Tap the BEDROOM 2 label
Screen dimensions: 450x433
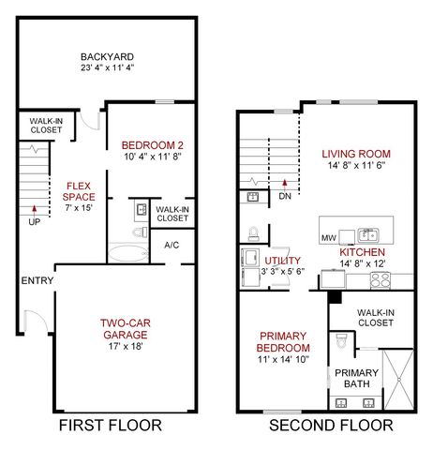click(x=152, y=144)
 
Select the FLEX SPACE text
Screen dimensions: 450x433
click(x=79, y=191)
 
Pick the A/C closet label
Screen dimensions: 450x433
click(x=172, y=245)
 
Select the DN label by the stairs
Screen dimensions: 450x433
click(x=284, y=197)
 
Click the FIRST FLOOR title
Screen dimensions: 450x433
click(x=112, y=426)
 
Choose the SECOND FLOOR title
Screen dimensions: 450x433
click(x=332, y=426)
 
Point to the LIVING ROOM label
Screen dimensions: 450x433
click(x=355, y=154)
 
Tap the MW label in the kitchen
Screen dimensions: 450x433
click(x=328, y=238)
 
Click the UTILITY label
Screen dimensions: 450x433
click(x=282, y=260)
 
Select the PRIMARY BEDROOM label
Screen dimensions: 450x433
click(x=283, y=341)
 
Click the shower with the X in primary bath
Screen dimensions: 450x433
click(x=397, y=379)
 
